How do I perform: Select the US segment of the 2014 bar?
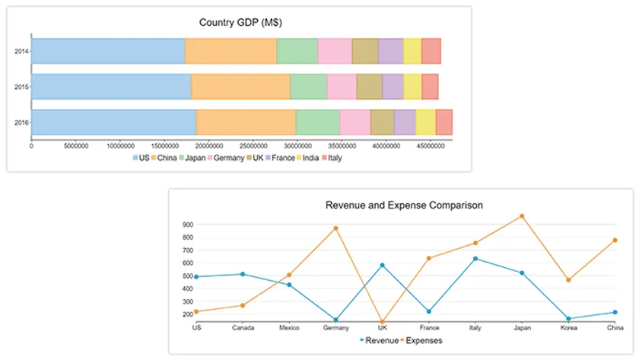click(108, 51)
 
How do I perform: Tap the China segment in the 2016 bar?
click(246, 122)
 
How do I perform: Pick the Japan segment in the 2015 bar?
click(308, 87)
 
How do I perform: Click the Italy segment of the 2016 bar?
click(443, 122)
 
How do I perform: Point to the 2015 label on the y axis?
click(21, 87)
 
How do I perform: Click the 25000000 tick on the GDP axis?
click(208, 145)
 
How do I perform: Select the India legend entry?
click(308, 158)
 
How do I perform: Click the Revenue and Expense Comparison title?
click(404, 205)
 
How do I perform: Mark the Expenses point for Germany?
click(335, 228)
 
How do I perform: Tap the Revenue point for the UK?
click(382, 266)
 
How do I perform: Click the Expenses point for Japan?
click(522, 216)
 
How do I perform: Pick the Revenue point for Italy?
click(475, 259)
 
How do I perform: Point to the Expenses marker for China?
click(615, 241)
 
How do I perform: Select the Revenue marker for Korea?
click(568, 319)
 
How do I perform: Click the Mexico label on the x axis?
click(289, 328)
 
